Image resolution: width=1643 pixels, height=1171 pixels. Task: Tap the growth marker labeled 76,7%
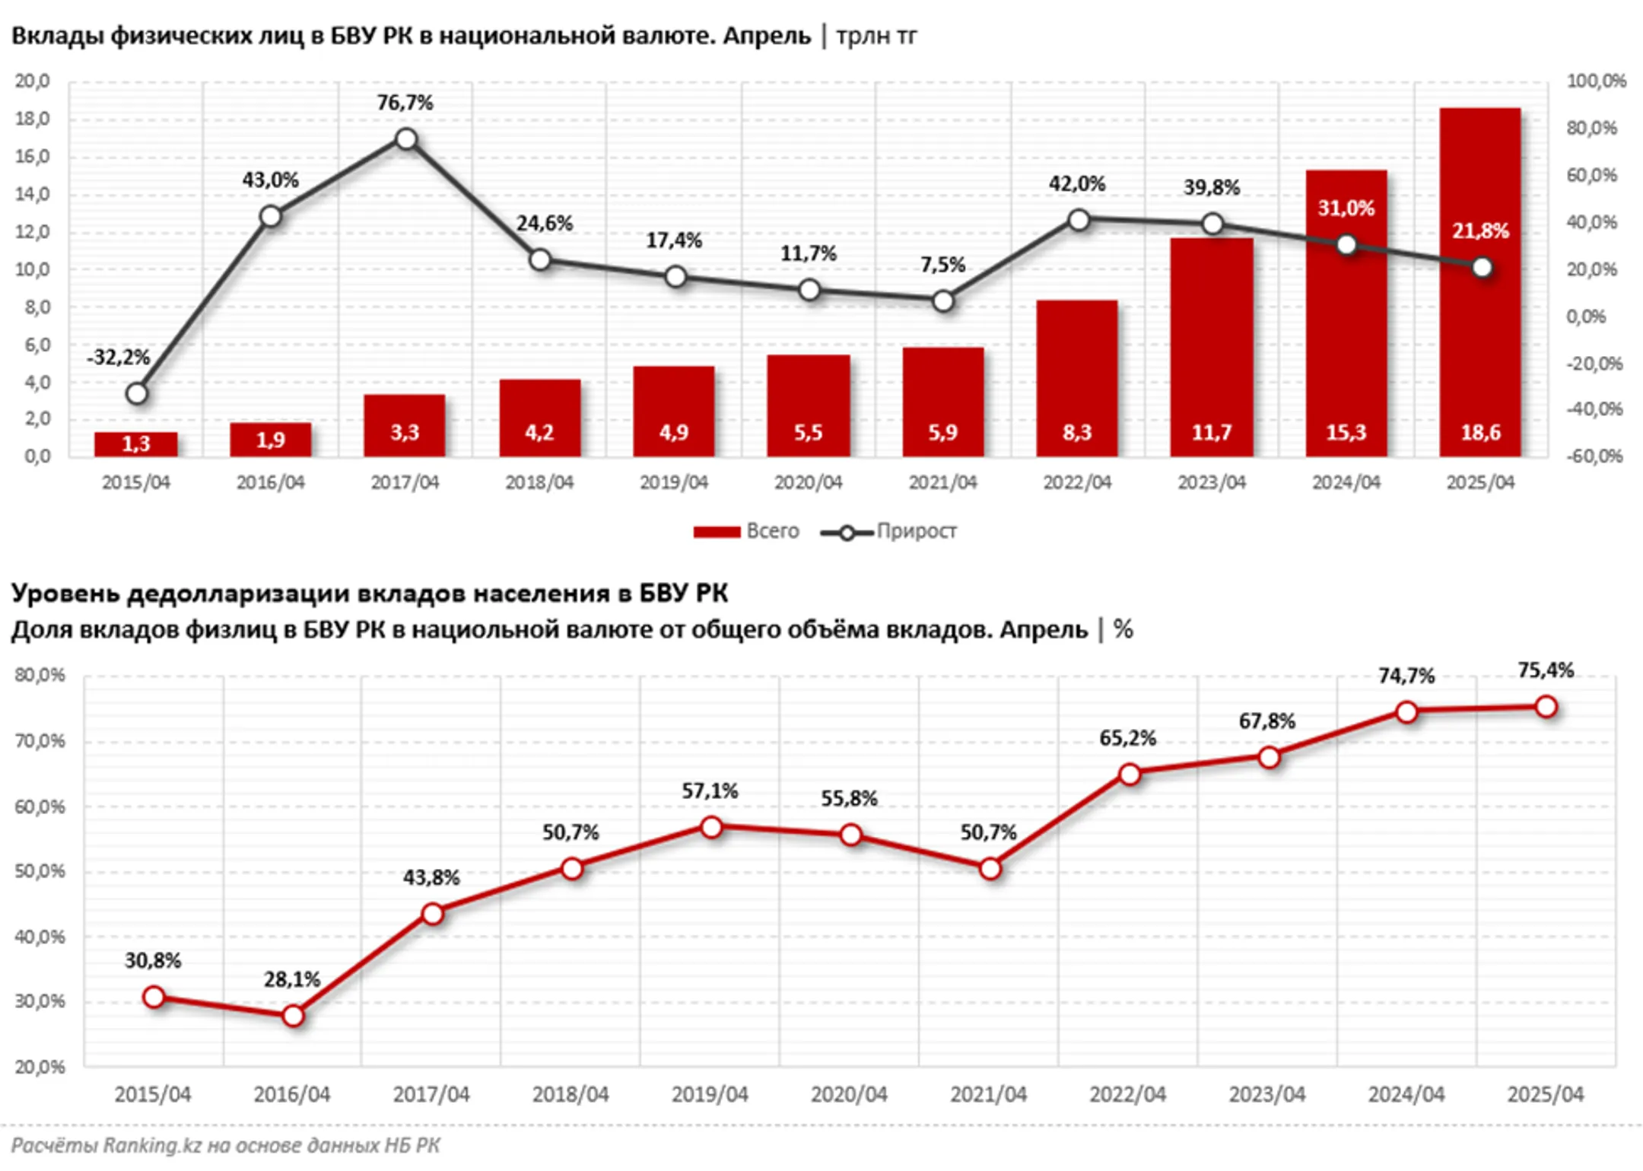point(406,139)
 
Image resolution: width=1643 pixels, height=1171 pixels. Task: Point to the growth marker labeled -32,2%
point(137,393)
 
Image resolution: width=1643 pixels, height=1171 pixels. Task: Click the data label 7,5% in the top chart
point(942,265)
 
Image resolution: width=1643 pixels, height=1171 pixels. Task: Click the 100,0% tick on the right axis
point(1596,81)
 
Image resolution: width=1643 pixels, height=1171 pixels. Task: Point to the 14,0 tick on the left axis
point(32,194)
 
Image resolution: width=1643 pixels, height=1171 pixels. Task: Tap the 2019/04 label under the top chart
point(673,482)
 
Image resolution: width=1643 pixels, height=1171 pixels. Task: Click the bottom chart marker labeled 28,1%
point(293,1015)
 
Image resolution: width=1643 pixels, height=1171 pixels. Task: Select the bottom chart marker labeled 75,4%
point(1546,707)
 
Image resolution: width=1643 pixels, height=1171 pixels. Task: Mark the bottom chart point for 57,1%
point(711,826)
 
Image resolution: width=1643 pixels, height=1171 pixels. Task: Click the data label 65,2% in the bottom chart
point(1127,738)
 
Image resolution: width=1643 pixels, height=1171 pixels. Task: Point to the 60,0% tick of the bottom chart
point(40,807)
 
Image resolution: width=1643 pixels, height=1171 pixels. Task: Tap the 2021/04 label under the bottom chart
point(988,1094)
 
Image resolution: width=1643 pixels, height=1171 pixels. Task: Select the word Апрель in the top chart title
point(767,36)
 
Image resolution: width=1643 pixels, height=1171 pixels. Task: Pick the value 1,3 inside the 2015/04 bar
point(136,444)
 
